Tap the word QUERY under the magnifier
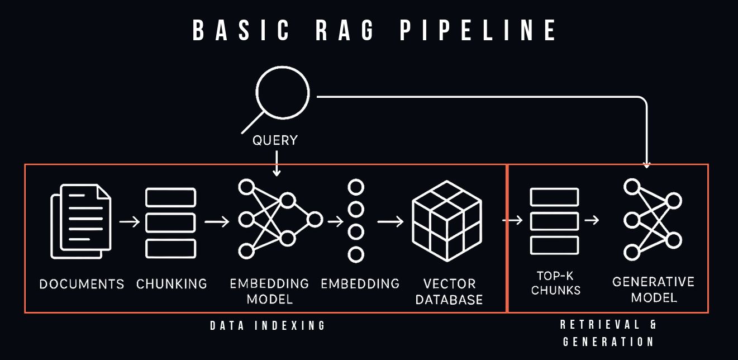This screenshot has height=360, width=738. [x=275, y=140]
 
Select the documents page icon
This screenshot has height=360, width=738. [x=82, y=221]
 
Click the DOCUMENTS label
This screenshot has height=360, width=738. [x=82, y=284]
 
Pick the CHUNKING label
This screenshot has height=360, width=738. [x=172, y=284]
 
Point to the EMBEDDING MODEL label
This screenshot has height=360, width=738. [x=269, y=291]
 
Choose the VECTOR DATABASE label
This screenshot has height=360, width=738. [x=449, y=291]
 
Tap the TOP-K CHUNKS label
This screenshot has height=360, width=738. [x=556, y=283]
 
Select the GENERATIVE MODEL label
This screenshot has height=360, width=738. [x=654, y=290]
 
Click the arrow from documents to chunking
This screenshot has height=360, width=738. [x=130, y=222]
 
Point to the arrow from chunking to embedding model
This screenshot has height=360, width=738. [x=217, y=222]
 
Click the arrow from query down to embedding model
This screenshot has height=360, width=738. [x=276, y=163]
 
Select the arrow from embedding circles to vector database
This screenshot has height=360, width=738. [x=391, y=222]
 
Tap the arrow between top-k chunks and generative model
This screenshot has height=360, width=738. [x=592, y=220]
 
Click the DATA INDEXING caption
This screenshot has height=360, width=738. [x=268, y=326]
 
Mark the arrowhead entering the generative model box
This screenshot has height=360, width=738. [x=646, y=164]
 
